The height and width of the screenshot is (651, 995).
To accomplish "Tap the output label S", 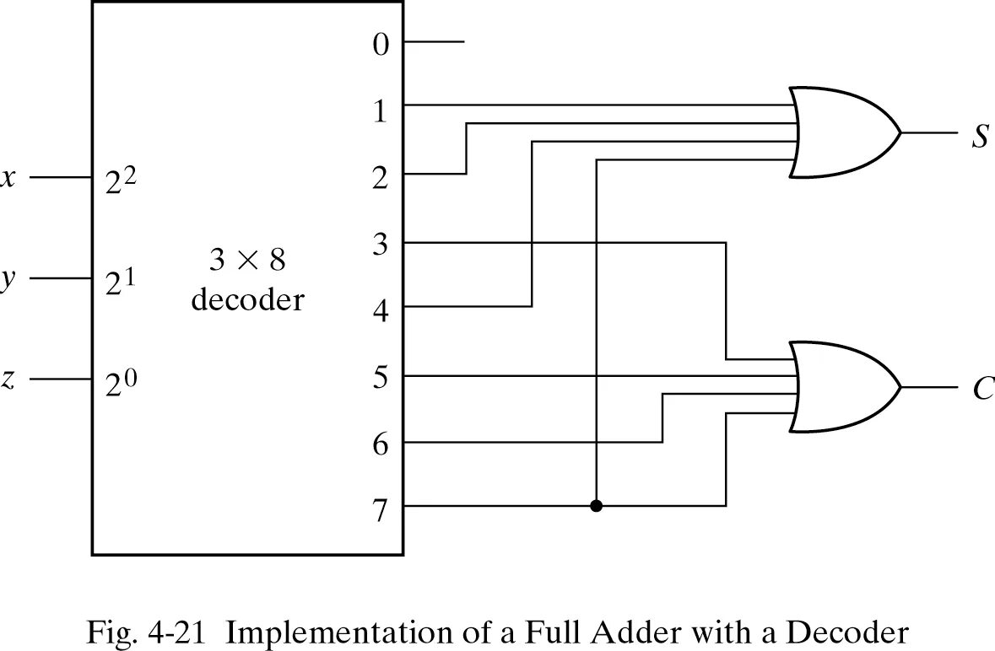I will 979,136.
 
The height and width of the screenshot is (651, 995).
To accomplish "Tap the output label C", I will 982,390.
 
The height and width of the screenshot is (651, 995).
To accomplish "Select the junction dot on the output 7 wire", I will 597,506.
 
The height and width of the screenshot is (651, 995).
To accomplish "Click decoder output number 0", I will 381,44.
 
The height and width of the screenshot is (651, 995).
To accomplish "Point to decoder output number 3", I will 381,245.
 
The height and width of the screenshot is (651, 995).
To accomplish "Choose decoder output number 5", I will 381,377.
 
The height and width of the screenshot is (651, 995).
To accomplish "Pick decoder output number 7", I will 381,508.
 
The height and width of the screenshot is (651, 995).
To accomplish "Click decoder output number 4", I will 381,309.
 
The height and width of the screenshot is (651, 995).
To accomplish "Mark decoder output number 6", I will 381,444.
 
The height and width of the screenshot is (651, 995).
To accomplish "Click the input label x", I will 8,179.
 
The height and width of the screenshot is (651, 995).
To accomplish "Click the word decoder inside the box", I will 247,299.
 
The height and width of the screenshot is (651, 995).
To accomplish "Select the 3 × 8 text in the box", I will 247,261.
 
